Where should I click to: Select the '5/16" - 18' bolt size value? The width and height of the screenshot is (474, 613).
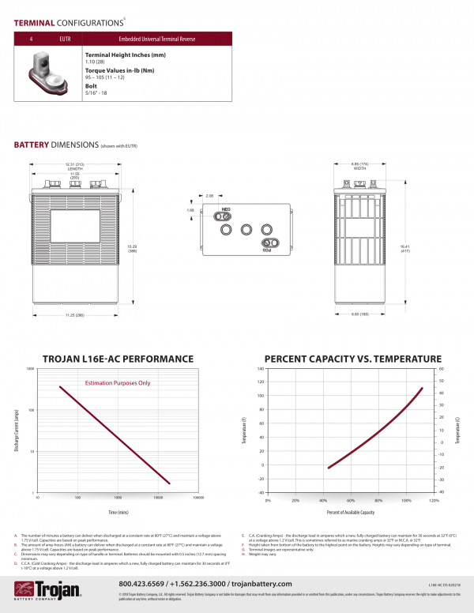click(95, 94)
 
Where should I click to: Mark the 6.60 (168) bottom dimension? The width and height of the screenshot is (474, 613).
click(359, 314)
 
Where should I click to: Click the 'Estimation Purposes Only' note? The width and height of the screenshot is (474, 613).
click(117, 383)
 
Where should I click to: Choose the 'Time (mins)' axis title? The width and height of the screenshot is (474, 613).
click(118, 513)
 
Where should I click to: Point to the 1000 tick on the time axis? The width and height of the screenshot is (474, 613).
click(118, 498)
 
